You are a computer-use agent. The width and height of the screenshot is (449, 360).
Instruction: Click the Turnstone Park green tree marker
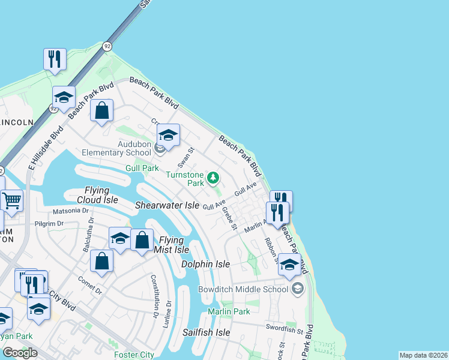pos(212,177)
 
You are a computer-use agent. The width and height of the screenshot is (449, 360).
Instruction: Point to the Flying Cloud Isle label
pos(97,194)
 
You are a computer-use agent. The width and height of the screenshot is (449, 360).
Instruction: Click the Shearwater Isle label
pos(167,205)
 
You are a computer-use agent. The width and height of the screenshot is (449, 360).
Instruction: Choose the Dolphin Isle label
pos(206,264)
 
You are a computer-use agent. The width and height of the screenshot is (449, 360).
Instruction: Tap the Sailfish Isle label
pos(206,332)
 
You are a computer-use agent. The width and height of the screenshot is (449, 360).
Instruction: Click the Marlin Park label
pos(229,311)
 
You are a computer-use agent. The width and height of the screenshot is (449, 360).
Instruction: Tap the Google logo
pos(20,353)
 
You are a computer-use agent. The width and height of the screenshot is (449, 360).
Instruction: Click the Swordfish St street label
pos(285,329)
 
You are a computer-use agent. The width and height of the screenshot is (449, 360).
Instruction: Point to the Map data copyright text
pos(423,355)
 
